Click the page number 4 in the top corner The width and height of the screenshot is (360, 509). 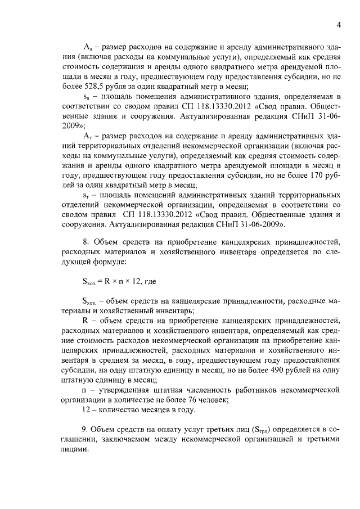339,25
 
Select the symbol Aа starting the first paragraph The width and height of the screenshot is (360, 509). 87,46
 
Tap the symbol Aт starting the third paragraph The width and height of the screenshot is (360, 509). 87,137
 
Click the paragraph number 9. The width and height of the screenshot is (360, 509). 85,430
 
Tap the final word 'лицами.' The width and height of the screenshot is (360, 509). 76,450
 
